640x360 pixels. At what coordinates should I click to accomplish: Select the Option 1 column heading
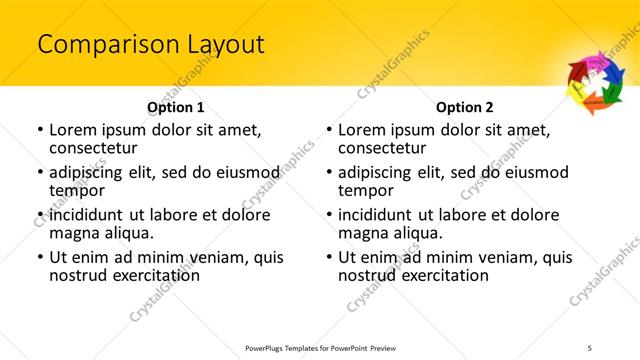click(176, 107)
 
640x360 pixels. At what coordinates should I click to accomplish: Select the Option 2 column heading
click(465, 107)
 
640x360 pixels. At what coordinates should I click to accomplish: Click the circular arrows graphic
click(595, 80)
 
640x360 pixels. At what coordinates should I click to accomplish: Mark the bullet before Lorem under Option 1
click(40, 130)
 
